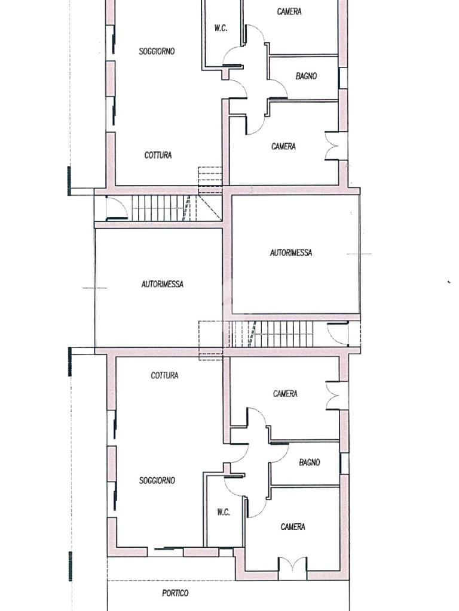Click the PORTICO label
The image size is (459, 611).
pyautogui.click(x=175, y=593)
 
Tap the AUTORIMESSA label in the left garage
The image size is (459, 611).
pyautogui.click(x=163, y=284)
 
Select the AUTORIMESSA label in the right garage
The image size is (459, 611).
pyautogui.click(x=291, y=252)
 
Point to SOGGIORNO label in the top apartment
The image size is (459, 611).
pyautogui.click(x=157, y=51)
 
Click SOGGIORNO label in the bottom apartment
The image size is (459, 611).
pyautogui.click(x=157, y=480)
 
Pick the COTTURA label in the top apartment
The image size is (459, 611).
pyautogui.click(x=158, y=155)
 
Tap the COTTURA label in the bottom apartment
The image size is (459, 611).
pyautogui.click(x=165, y=375)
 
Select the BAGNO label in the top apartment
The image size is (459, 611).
pyautogui.click(x=307, y=76)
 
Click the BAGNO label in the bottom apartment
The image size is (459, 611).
pyautogui.click(x=310, y=462)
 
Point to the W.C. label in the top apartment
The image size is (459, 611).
pyautogui.click(x=221, y=28)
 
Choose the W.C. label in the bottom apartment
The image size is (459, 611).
pyautogui.click(x=224, y=512)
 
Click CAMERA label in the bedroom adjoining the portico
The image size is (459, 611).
pyautogui.click(x=293, y=527)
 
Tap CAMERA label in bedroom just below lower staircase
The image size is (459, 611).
pyautogui.click(x=285, y=394)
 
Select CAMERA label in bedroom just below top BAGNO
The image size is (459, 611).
pyautogui.click(x=283, y=147)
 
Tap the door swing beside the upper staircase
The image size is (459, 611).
pyautogui.click(x=117, y=208)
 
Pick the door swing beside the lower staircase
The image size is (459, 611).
pyautogui.click(x=338, y=334)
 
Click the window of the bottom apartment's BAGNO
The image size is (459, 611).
pyautogui.click(x=344, y=464)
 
